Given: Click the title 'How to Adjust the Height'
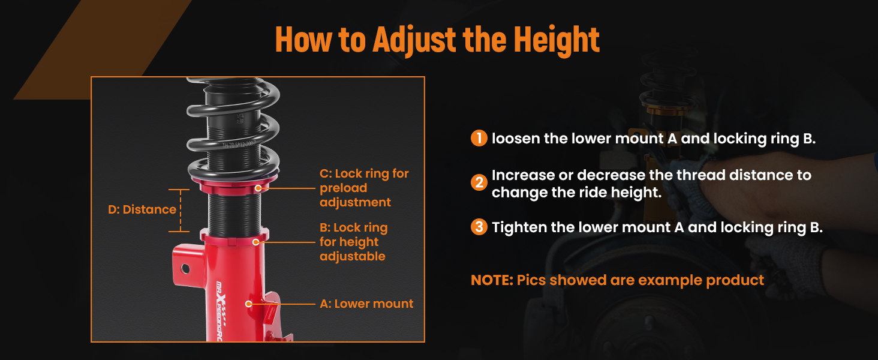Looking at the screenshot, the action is [x=437, y=40].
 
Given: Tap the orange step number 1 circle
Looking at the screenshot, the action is [x=479, y=138].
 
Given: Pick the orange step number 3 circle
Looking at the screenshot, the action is [x=479, y=227].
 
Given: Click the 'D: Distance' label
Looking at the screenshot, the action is [x=142, y=209].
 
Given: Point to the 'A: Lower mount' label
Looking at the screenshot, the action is [x=366, y=304].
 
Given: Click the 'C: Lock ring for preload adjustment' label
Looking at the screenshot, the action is [x=364, y=188].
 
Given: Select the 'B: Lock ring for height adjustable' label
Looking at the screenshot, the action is [x=354, y=242].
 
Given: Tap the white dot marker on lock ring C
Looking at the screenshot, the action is [x=258, y=188].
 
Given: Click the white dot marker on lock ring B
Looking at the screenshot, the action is [x=255, y=242].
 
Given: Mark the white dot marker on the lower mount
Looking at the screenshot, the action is [x=248, y=304].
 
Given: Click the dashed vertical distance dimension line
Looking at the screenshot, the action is [x=181, y=211].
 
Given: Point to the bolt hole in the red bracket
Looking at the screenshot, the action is [x=185, y=269].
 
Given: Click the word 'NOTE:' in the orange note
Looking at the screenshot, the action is [x=492, y=280].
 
